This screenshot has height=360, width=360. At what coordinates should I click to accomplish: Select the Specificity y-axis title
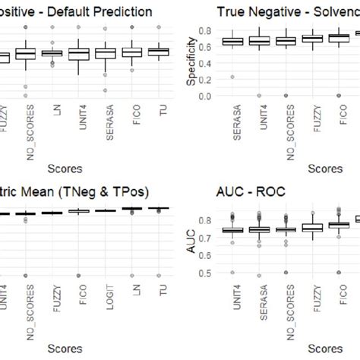[x=191, y=65]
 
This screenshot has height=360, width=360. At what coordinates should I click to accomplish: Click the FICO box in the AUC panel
[x=333, y=225]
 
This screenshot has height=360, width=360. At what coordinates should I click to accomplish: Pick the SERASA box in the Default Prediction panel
[x=106, y=52]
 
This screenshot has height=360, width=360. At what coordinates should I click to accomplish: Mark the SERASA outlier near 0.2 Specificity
[x=232, y=77]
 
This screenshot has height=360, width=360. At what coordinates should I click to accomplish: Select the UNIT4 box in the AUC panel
[x=232, y=230]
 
